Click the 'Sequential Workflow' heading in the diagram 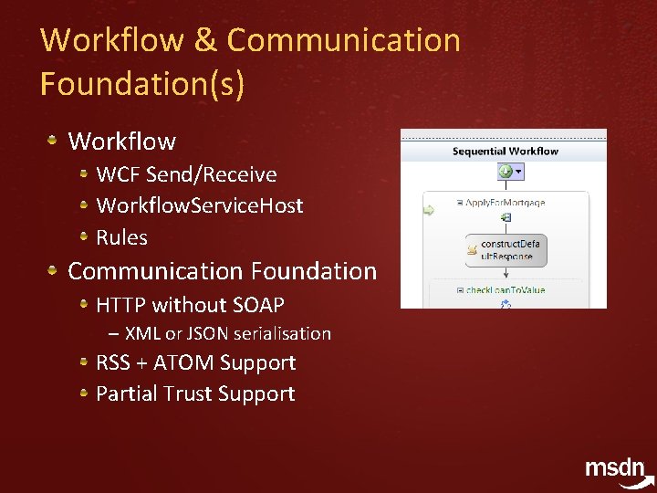point(505,151)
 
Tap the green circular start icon point(505,172)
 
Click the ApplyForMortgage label point(506,203)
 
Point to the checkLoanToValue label point(506,290)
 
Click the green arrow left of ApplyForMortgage point(428,211)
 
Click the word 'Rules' point(121,237)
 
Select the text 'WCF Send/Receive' point(186,174)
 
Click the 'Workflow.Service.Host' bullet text point(199,205)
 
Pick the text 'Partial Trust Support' point(195,393)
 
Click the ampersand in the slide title point(205,41)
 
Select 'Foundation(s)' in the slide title point(142,84)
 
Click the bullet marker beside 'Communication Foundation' point(53,270)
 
